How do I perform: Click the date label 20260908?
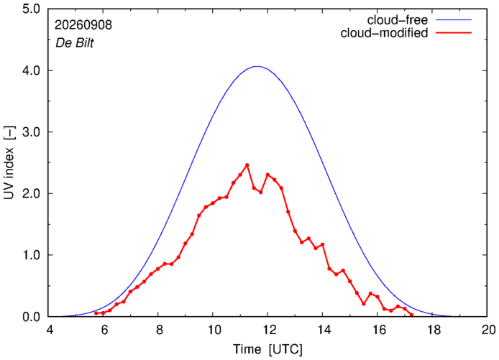83,25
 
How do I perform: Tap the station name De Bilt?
75,43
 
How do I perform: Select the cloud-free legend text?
398,20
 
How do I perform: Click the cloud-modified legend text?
384,33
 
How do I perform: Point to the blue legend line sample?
454,19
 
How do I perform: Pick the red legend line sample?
454,32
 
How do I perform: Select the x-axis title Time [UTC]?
267,349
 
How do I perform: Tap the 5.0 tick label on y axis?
31,9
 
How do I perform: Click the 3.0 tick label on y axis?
31,132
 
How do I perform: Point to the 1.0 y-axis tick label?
31,255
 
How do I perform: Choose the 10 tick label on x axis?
214,330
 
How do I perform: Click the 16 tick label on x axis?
377,330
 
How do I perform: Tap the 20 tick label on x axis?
487,330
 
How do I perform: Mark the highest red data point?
247,165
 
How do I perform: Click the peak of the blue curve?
257,66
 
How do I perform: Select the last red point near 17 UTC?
411,315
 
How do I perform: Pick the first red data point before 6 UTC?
96,313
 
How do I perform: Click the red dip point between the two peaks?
260,192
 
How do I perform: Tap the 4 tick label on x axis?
50,330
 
